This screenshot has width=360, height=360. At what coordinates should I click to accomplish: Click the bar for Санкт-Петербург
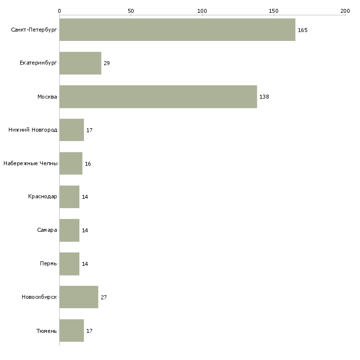177,30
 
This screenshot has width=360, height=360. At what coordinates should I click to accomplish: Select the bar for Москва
158,97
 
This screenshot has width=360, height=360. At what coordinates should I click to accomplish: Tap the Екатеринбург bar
80,63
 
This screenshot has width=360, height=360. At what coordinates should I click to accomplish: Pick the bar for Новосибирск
79,297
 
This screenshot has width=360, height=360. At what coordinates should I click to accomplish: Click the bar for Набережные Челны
71,163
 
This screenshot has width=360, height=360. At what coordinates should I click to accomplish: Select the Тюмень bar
72,330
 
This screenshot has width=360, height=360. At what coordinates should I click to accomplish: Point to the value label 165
303,30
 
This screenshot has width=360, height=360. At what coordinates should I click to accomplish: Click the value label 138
264,97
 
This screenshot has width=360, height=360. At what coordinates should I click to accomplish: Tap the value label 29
107,63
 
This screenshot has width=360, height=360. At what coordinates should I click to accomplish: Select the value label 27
104,297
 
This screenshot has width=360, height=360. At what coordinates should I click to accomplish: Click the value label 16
88,164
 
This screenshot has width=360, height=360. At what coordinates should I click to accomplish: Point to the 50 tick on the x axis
131,11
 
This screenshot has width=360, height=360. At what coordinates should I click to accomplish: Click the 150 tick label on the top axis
273,11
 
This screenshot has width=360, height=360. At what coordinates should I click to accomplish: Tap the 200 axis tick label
345,11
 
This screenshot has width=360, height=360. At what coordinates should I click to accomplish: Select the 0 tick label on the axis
60,11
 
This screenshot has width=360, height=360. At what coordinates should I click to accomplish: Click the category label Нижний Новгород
33,130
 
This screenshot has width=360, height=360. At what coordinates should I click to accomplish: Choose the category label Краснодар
42,197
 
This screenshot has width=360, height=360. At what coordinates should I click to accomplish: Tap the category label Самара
47,230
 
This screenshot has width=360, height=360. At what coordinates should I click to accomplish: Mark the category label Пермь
48,263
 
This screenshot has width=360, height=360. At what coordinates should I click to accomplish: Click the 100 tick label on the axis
202,11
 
